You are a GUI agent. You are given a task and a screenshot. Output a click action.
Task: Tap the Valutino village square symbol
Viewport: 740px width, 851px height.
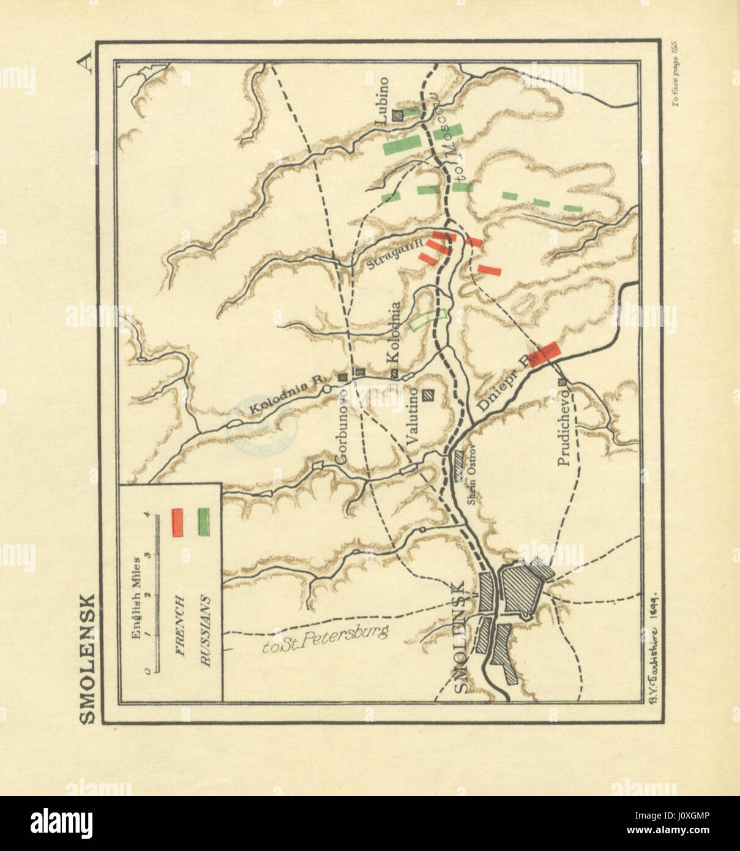(430, 396)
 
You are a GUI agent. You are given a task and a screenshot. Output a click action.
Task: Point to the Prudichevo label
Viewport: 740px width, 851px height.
(564, 427)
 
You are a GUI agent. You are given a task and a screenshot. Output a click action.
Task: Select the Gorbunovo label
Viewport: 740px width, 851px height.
(342, 424)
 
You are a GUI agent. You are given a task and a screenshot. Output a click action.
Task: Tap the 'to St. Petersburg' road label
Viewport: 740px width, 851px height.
(324, 640)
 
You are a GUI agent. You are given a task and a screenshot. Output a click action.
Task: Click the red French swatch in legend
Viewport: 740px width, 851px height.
(178, 523)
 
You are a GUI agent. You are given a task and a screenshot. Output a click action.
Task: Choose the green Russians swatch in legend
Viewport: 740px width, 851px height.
(204, 523)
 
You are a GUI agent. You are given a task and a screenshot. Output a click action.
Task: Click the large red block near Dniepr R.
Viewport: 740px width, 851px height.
(544, 354)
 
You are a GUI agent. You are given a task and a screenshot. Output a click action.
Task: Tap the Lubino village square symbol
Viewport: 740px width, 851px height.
(398, 113)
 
